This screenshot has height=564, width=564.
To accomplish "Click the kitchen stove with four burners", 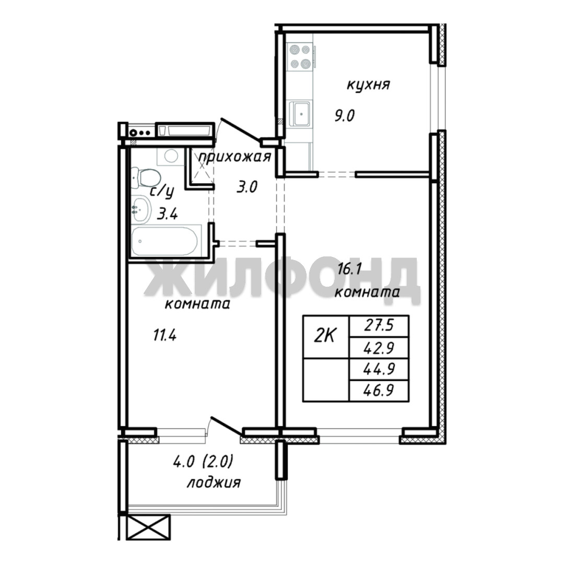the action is (x=300, y=56).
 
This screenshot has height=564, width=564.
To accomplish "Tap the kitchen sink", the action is (x=300, y=114).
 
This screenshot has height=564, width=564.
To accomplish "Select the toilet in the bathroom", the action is (x=145, y=178).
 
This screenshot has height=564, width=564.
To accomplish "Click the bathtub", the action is (x=165, y=240).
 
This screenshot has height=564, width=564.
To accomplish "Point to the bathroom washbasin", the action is (x=141, y=209).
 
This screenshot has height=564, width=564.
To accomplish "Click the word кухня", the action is (x=368, y=86).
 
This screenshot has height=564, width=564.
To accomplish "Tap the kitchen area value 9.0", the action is (x=345, y=116).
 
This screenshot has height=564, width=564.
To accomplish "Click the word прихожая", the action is (x=234, y=157).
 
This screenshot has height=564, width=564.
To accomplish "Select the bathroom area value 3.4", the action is (x=168, y=215).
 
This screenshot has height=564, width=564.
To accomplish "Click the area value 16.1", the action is (x=349, y=268).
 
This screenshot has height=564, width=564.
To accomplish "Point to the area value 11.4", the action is (x=164, y=336).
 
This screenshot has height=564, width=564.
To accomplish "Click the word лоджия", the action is (x=214, y=483).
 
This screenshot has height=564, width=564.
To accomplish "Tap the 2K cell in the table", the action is (x=326, y=337).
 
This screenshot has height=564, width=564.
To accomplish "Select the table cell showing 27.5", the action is (x=379, y=326).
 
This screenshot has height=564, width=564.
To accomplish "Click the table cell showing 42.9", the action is (x=379, y=348).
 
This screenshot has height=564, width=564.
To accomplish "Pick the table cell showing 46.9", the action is (x=379, y=390).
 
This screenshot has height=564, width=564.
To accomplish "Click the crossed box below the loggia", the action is (x=148, y=527).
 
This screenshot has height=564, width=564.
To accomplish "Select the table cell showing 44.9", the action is (x=379, y=369).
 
